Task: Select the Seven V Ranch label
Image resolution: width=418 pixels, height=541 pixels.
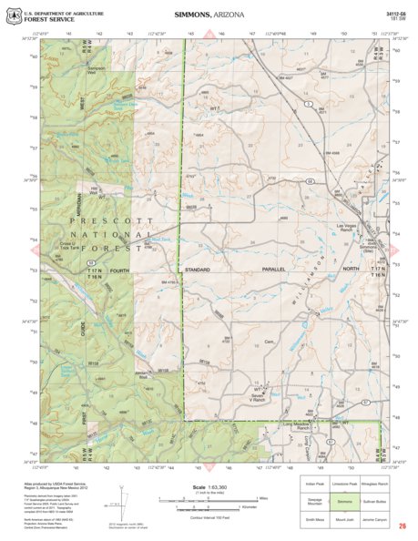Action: [x=262, y=398]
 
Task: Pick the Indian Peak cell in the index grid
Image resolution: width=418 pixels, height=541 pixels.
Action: [x=314, y=485]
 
